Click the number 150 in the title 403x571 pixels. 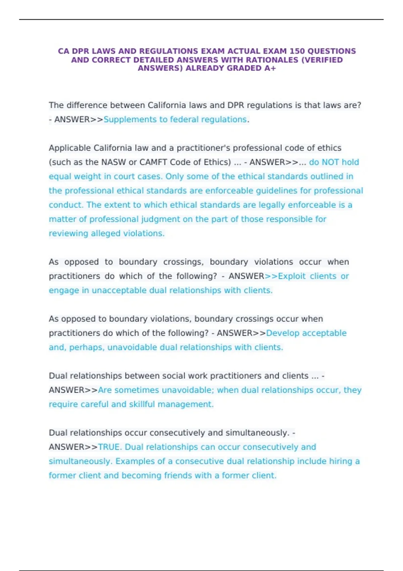pyautogui.click(x=297, y=51)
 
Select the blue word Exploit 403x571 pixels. pyautogui.click(x=292, y=276)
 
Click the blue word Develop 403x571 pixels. pyautogui.click(x=283, y=333)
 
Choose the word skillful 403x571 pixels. pyautogui.click(x=137, y=404)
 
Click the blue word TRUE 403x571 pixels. pyautogui.click(x=109, y=447)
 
